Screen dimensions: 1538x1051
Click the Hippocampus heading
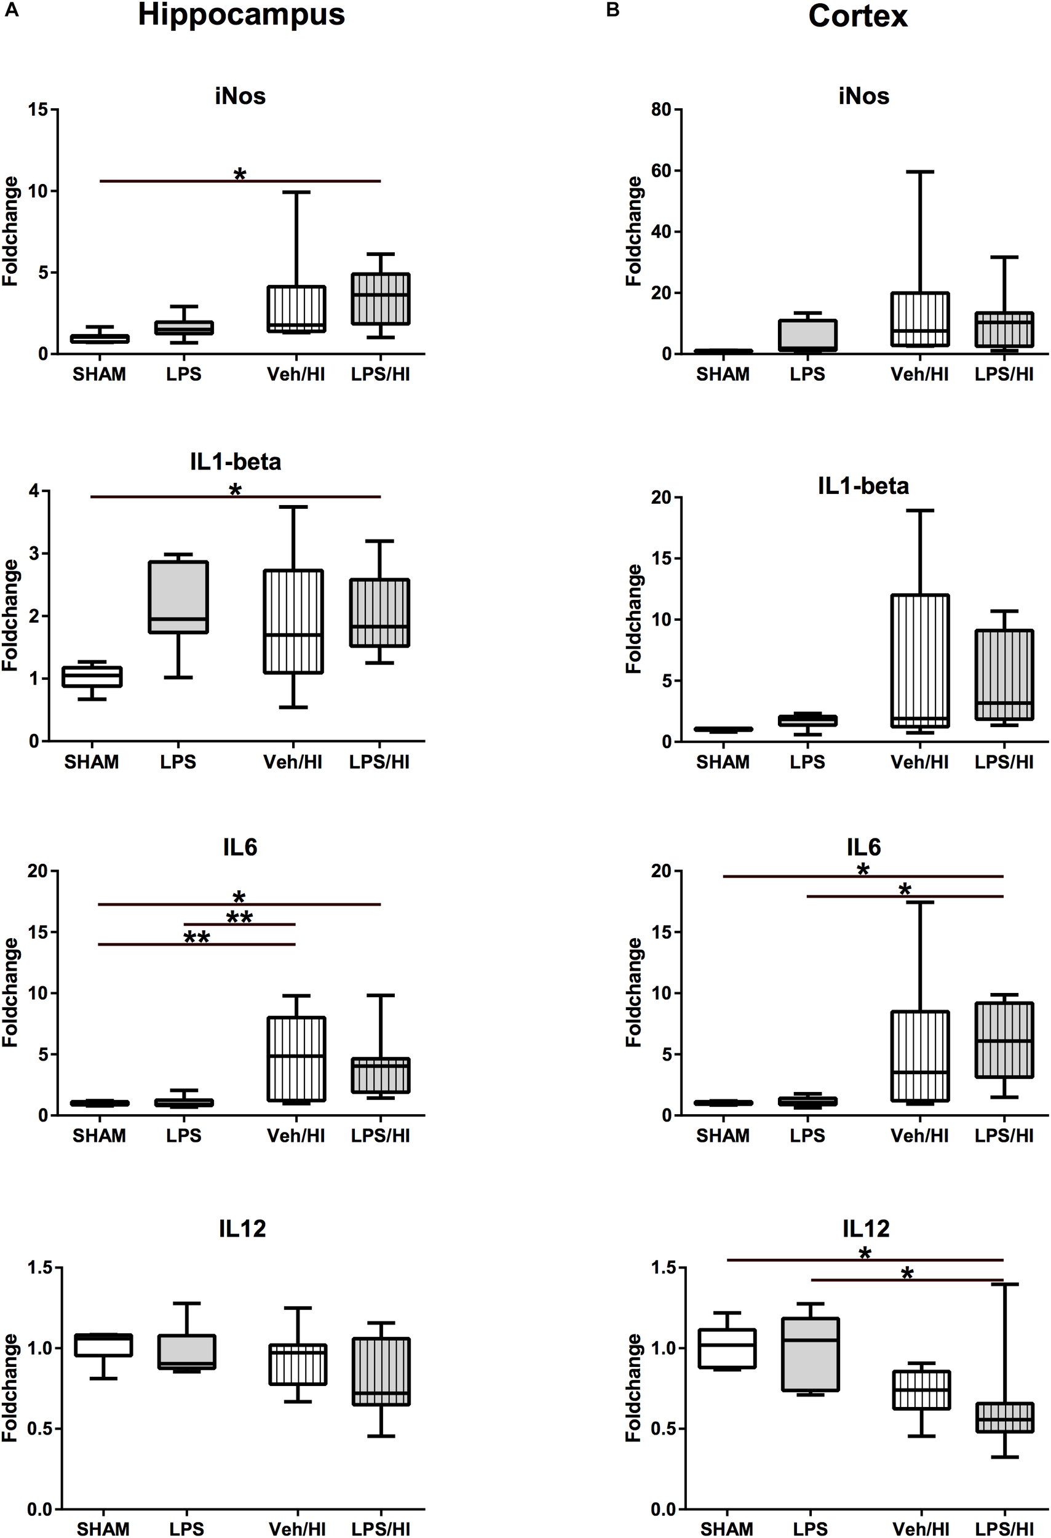[x=240, y=15]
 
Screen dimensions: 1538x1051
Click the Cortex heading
[x=857, y=16]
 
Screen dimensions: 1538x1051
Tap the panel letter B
[x=613, y=10]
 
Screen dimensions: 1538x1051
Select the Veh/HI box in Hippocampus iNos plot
[x=296, y=309]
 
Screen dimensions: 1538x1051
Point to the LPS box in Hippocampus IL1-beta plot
[x=178, y=597]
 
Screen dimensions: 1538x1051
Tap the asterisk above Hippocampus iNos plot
[x=239, y=175]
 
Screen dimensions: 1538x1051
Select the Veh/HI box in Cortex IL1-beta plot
[x=919, y=661]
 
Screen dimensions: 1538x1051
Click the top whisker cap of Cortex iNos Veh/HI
[x=919, y=172]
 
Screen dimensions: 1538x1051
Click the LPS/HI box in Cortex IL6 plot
[x=1004, y=1040]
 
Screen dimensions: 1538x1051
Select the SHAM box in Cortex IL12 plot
[x=727, y=1349]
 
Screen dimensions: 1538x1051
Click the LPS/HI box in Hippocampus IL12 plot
[x=380, y=1371]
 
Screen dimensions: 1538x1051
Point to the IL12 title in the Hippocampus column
[x=242, y=1229]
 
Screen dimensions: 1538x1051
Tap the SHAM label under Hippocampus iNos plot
[x=99, y=375]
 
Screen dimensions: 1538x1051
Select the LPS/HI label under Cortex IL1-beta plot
[x=1004, y=762]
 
